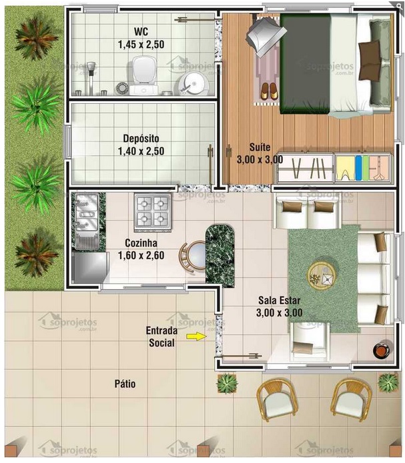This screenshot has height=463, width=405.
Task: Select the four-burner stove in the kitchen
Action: pyautogui.click(x=152, y=210)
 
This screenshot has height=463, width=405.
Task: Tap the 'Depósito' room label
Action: pyautogui.click(x=141, y=139)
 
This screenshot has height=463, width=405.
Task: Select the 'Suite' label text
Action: pyautogui.click(x=260, y=147)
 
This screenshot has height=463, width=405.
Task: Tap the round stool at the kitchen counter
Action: pyautogui.click(x=193, y=254)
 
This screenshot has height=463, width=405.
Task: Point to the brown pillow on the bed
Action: pyautogui.click(x=368, y=52)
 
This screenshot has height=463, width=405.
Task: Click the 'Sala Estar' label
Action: pyautogui.click(x=279, y=300)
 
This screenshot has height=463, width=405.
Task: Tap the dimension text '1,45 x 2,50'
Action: pyautogui.click(x=141, y=44)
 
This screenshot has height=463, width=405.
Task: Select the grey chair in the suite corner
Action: pyautogui.click(x=262, y=33)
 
